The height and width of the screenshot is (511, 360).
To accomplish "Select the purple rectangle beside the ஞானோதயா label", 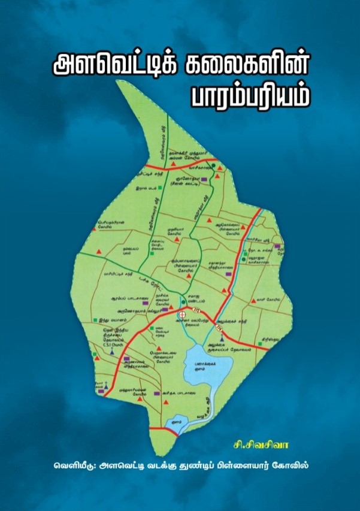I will pyautogui.click(x=204, y=179).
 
